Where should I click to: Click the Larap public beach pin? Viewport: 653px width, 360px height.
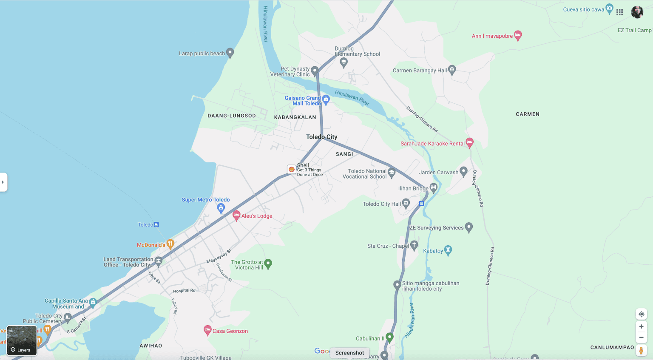tap(230, 53)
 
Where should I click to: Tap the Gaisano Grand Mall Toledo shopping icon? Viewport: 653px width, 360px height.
tap(326, 100)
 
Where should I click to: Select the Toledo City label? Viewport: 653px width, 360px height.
tap(321, 137)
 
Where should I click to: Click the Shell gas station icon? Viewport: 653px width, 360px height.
tap(291, 169)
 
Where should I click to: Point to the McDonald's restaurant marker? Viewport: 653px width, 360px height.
tap(170, 244)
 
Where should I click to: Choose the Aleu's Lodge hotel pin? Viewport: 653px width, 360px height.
tap(236, 215)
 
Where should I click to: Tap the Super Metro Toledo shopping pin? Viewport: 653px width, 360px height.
tap(221, 208)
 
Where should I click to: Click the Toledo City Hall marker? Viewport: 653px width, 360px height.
tap(406, 204)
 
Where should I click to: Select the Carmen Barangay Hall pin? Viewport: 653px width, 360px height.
tap(452, 70)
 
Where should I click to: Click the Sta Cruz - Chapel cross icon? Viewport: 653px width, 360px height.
tap(414, 245)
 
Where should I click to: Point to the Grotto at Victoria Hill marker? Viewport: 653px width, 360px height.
tap(268, 264)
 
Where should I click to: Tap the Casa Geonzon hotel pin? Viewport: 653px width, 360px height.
tap(207, 330)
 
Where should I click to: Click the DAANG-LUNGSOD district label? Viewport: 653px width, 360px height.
tap(232, 116)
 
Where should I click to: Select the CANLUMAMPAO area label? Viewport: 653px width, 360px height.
tap(612, 347)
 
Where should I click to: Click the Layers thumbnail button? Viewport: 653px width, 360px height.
tap(22, 340)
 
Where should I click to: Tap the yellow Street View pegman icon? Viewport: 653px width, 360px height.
tap(641, 350)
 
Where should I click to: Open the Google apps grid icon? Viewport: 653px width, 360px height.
tap(620, 12)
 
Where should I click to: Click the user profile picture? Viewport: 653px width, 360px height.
tap(637, 12)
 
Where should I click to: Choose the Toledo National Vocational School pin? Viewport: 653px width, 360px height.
tap(392, 173)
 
